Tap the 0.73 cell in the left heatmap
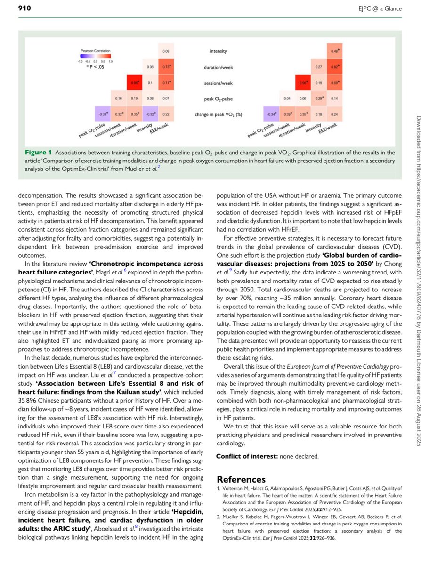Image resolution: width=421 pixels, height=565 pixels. coord(166,67)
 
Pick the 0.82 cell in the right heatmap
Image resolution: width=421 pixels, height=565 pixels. coord(335,67)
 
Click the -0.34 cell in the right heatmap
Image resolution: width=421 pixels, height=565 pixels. coord(270,114)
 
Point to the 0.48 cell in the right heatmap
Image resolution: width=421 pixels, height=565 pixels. coord(335,51)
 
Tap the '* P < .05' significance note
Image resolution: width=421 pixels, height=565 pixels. coord(94,67)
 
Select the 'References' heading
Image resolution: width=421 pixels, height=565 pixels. coord(241,479)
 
